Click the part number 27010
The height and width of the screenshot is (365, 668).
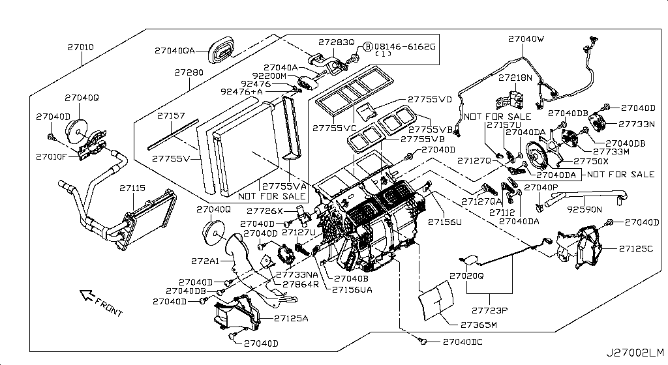point(81,48)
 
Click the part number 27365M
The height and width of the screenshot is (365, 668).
point(479,324)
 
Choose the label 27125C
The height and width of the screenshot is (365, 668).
point(637,249)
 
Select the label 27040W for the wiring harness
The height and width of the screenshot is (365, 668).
point(526,39)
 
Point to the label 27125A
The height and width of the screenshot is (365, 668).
point(291,318)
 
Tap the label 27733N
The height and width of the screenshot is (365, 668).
point(637,123)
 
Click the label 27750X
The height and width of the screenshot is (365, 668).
point(590,161)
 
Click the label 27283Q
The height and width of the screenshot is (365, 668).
point(336,42)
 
